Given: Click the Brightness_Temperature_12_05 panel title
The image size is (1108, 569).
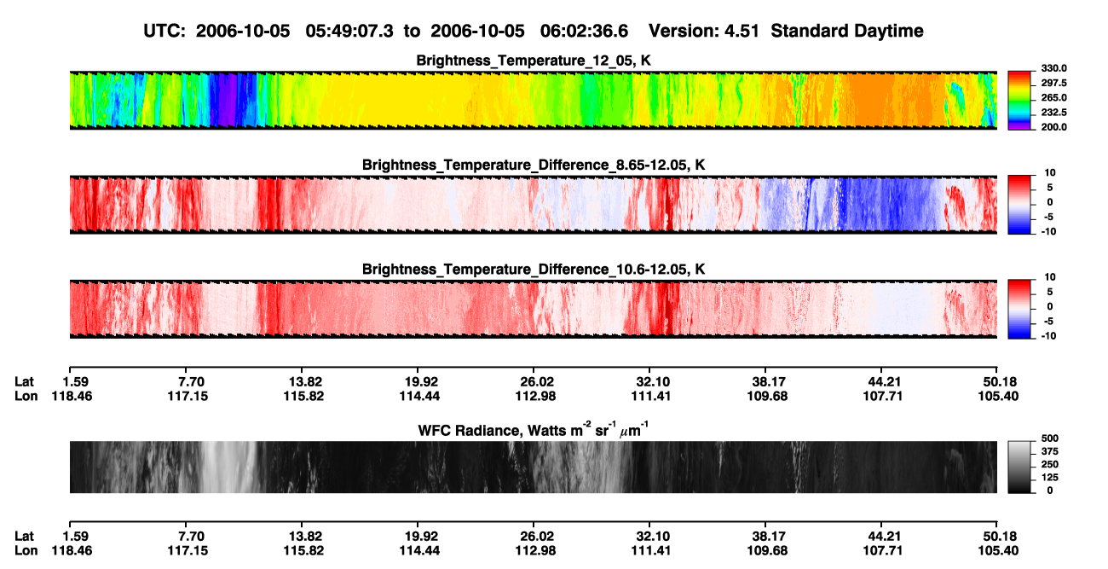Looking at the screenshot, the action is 534,61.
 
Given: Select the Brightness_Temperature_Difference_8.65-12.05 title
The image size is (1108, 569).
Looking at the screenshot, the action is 534,165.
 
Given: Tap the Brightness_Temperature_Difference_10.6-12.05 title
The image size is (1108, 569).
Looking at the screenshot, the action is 534,270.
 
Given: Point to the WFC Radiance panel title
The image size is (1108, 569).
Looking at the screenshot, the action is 534,429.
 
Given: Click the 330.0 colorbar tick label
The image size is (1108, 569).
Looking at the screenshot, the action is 1053,68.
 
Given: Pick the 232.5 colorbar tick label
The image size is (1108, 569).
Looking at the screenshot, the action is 1053,113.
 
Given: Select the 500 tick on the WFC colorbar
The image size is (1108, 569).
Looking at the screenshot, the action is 1050,438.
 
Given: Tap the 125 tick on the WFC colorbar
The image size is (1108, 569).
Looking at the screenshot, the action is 1050,478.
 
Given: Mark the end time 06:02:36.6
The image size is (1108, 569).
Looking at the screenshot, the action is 584,31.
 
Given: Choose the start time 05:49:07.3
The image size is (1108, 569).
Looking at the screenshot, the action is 349,31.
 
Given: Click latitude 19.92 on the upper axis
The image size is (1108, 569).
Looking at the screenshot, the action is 421,382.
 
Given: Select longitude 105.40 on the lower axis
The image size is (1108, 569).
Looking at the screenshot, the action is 998,551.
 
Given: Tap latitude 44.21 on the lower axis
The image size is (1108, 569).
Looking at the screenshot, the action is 885,537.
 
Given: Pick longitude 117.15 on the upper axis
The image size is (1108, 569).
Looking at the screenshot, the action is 188,396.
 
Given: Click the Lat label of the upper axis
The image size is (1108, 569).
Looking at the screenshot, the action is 24,382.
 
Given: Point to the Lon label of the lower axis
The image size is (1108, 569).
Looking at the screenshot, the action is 26,551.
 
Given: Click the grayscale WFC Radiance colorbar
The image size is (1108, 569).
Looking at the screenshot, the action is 1020,467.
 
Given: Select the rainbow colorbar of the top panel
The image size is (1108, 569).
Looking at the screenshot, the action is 1020,101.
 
